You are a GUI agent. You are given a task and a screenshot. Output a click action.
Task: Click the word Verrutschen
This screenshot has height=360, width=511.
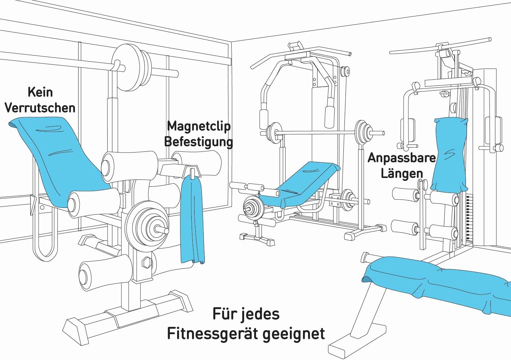[x=40, y=108]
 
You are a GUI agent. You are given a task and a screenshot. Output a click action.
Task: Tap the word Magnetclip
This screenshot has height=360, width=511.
[x=199, y=126]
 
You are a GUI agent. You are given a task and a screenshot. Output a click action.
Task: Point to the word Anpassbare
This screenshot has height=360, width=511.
[x=402, y=158]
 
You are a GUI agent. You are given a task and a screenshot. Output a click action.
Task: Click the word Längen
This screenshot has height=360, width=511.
[x=402, y=173]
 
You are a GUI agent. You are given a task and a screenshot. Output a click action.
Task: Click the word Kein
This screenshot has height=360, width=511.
[x=40, y=92]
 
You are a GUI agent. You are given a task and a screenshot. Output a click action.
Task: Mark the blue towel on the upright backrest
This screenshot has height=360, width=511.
[x=449, y=153]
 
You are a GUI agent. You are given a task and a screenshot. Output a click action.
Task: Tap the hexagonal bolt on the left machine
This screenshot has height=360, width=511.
[x=147, y=262]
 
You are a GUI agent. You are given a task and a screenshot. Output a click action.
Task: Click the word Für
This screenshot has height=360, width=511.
[x=223, y=314]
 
